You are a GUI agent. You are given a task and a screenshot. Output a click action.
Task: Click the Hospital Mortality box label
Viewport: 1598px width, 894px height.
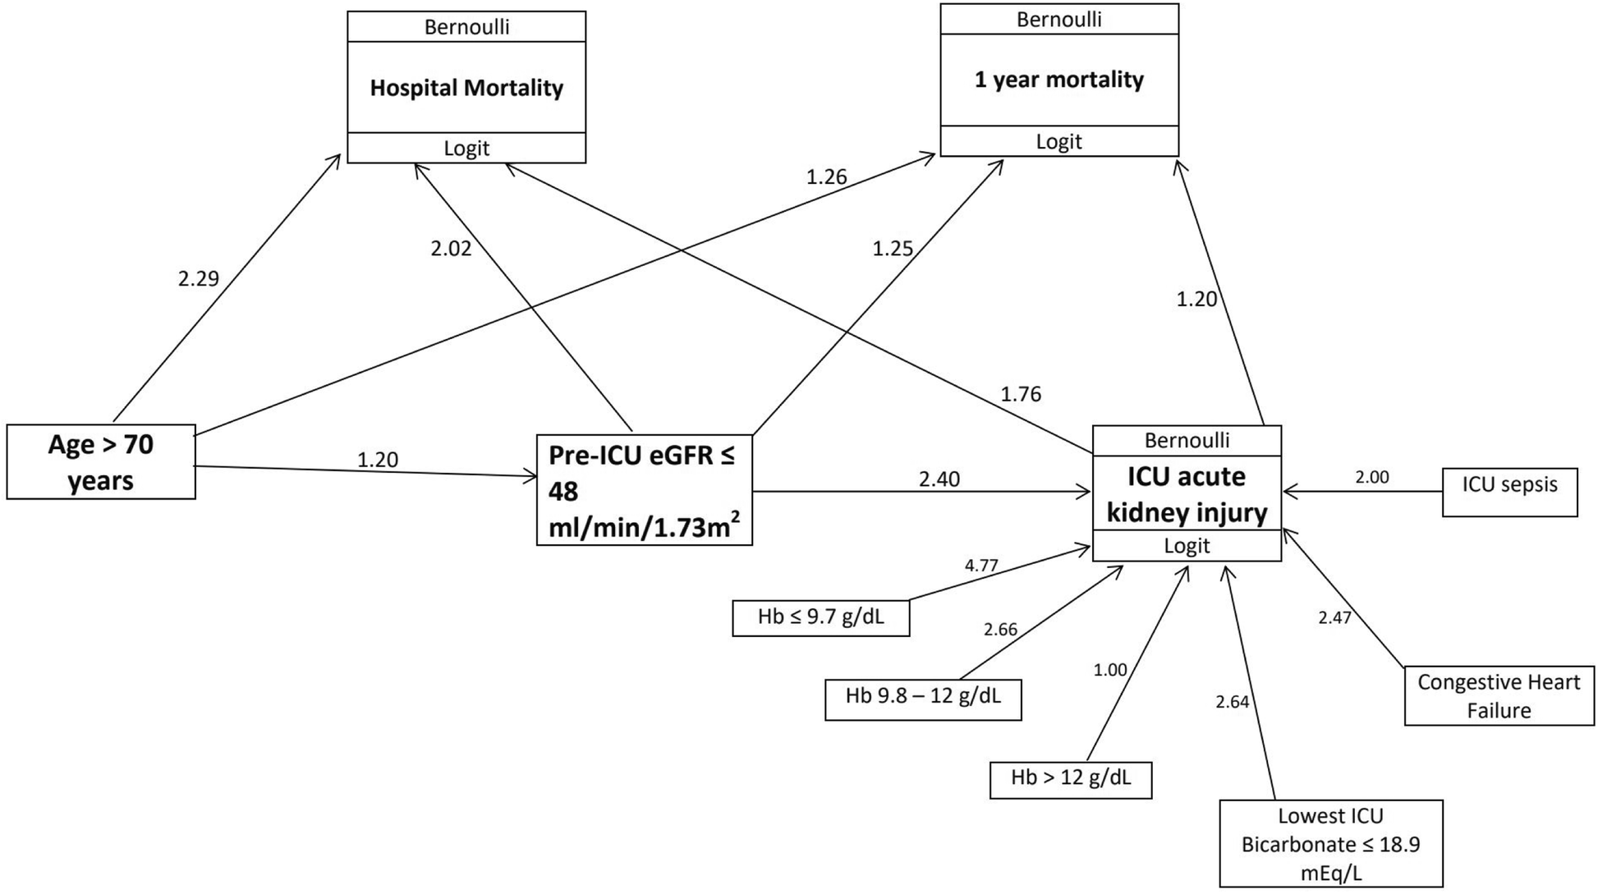click(x=466, y=88)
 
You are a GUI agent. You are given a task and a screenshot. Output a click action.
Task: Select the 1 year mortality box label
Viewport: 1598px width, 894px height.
click(x=1058, y=80)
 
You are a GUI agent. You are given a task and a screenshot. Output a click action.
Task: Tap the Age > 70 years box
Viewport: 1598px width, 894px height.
click(x=101, y=462)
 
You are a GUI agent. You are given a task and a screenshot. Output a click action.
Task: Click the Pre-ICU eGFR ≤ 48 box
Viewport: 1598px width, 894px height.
click(x=644, y=490)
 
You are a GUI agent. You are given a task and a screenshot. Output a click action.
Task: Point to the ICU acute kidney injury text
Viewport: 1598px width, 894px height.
click(x=1187, y=494)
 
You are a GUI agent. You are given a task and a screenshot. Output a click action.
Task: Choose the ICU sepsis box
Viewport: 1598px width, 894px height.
click(x=1509, y=492)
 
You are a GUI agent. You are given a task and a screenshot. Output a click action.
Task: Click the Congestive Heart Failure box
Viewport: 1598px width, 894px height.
click(x=1499, y=696)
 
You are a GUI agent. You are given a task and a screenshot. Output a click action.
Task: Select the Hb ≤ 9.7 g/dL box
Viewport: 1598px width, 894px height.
click(x=820, y=617)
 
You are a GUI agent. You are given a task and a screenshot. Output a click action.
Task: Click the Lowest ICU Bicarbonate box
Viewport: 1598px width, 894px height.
click(x=1330, y=844)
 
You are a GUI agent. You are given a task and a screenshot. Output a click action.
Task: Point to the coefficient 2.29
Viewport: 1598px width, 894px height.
click(x=199, y=279)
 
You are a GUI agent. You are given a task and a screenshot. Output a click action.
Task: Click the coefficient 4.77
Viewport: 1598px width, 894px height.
click(x=981, y=565)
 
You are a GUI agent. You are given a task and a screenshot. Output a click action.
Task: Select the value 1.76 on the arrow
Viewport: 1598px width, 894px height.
click(x=1021, y=395)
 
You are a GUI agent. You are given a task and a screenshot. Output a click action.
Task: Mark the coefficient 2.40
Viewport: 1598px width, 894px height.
click(x=939, y=479)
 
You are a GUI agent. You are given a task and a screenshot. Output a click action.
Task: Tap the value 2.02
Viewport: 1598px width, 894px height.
click(x=451, y=249)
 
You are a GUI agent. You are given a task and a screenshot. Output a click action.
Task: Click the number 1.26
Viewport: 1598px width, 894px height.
click(x=826, y=177)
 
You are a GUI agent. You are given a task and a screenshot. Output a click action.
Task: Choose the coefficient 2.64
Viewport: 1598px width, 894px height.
click(x=1233, y=702)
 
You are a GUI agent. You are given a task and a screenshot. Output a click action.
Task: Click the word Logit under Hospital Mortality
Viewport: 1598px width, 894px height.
click(x=466, y=149)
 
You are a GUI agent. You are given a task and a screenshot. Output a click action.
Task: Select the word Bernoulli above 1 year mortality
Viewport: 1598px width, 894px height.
click(x=1058, y=20)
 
